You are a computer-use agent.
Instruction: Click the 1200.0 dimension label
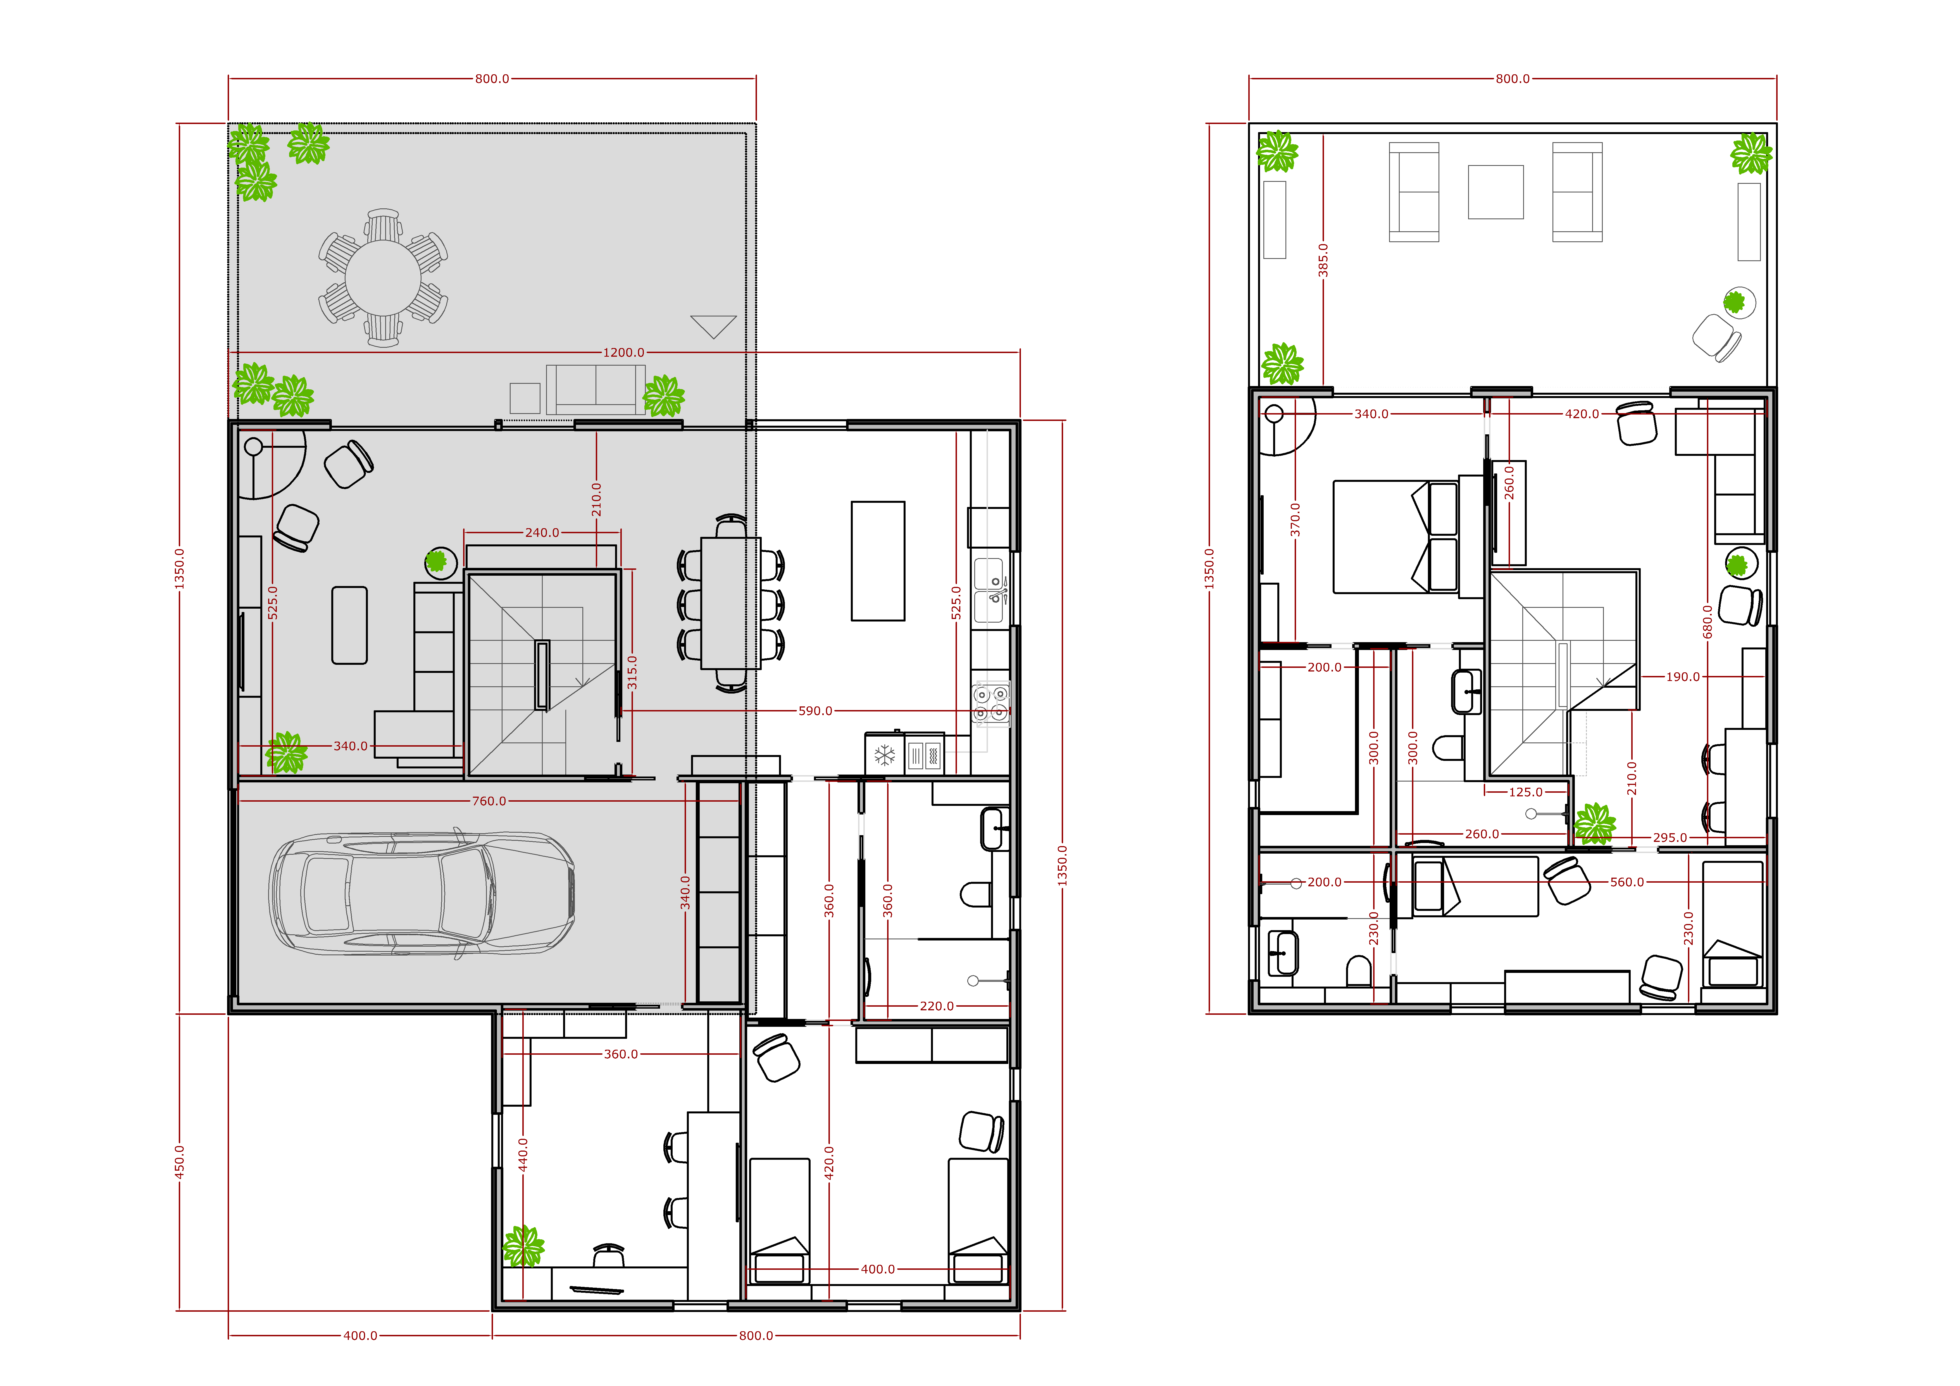pyautogui.click(x=624, y=353)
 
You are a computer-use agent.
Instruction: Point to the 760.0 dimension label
pyautogui.click(x=489, y=801)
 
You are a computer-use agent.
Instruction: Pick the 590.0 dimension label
pyautogui.click(x=815, y=711)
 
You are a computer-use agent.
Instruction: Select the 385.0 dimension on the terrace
pyautogui.click(x=1323, y=260)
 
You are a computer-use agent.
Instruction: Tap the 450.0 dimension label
pyautogui.click(x=179, y=1162)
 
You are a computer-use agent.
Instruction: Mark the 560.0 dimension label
pyautogui.click(x=1627, y=882)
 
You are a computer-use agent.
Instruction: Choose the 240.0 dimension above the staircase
pyautogui.click(x=542, y=533)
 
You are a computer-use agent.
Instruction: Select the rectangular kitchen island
pyautogui.click(x=878, y=561)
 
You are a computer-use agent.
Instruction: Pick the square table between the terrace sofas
pyautogui.click(x=1495, y=192)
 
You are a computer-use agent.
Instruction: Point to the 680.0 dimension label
pyautogui.click(x=1707, y=621)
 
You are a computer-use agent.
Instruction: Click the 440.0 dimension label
pyautogui.click(x=523, y=1154)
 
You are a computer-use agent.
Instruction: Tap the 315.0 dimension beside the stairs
pyautogui.click(x=632, y=673)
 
